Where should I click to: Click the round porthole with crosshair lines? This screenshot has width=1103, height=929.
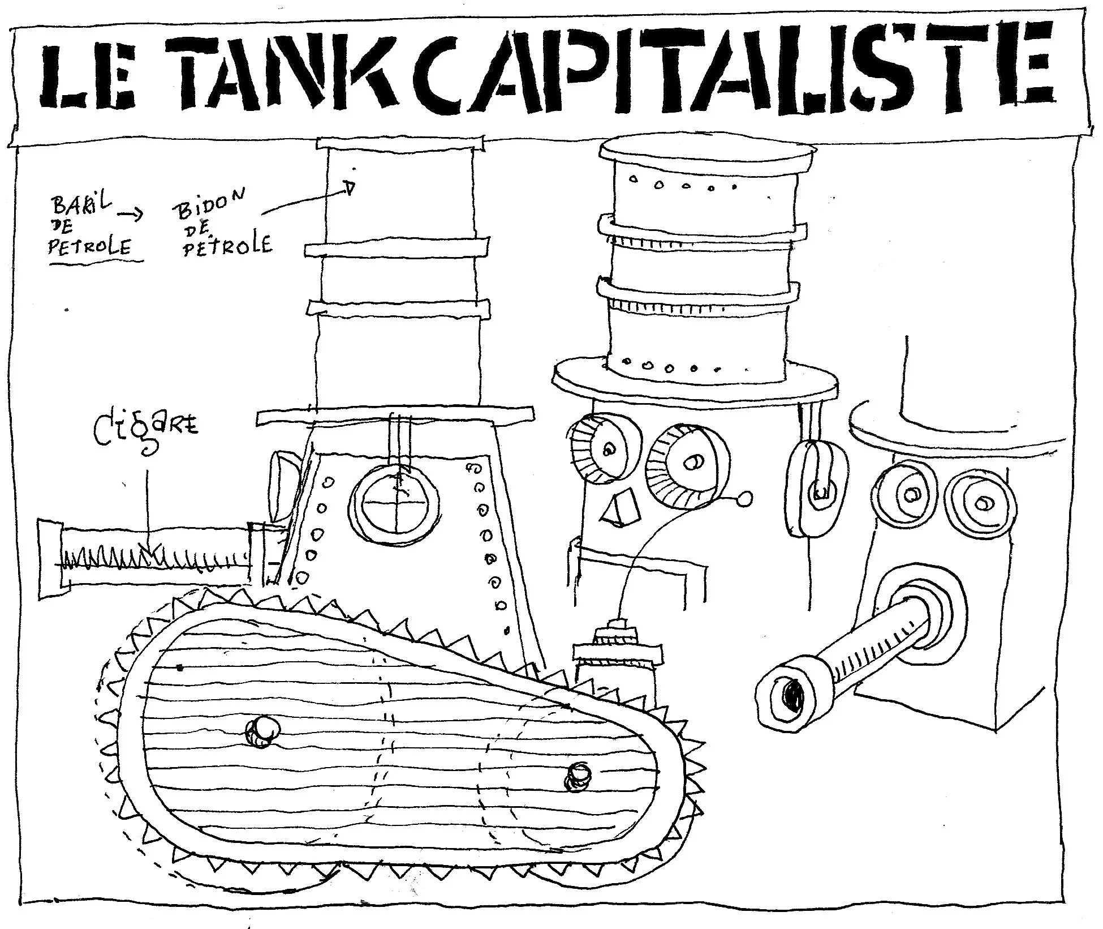point(395,502)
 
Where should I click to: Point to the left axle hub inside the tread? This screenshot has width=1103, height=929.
point(262,731)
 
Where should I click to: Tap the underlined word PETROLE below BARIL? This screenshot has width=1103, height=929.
point(90,247)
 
